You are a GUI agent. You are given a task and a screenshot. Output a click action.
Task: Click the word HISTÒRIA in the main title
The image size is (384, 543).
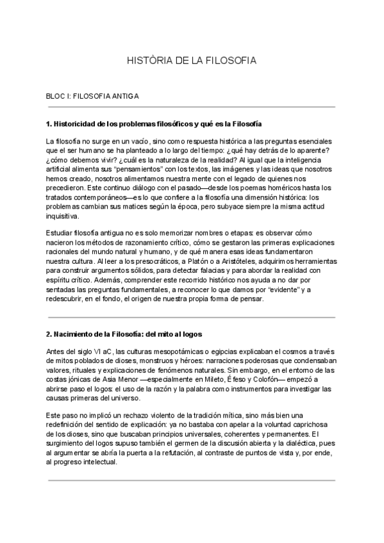149,61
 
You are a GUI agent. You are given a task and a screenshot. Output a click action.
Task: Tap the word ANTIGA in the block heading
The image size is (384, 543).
125,95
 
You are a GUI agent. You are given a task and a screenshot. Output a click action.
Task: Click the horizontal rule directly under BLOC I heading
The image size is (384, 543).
191,107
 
